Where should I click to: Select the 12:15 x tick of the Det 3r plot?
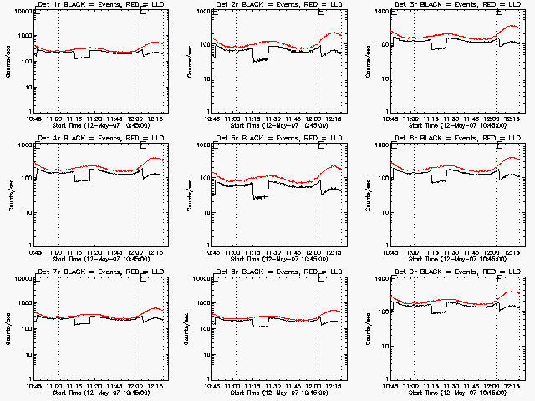click(x=510, y=118)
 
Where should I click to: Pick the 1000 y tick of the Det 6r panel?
click(x=380, y=145)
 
